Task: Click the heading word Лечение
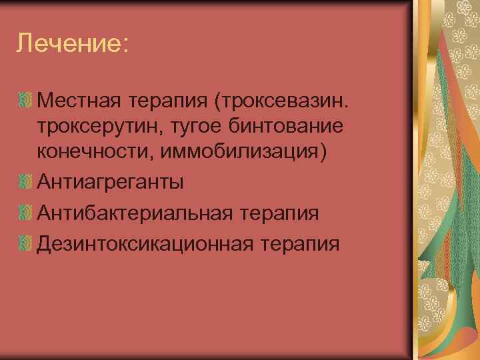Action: click(67, 45)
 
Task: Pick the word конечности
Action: click(95, 151)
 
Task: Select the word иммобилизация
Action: click(239, 151)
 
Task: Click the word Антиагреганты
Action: click(111, 181)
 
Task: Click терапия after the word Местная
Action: click(167, 103)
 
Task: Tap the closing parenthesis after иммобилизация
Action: click(324, 151)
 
